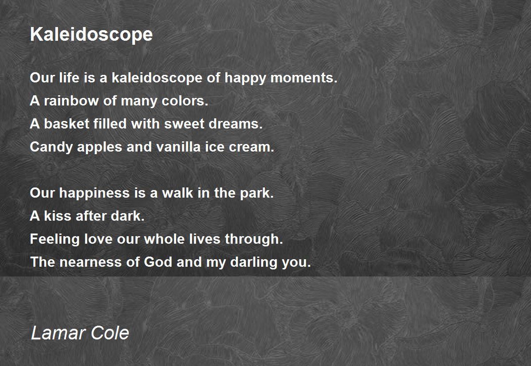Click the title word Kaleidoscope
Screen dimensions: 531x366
[91, 35]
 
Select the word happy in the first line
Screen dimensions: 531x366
[245, 78]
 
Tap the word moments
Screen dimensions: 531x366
[304, 78]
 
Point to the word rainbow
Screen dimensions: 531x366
[71, 101]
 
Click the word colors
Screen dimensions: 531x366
[185, 101]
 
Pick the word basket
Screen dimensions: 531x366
[67, 124]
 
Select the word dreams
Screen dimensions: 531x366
[235, 124]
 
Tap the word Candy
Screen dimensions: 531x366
[51, 148]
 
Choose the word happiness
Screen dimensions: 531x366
[94, 194]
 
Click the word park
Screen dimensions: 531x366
[257, 194]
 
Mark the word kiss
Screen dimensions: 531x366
[58, 216]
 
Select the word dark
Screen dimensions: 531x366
[127, 216]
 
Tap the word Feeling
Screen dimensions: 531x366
[55, 239]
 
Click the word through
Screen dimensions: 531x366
[254, 239]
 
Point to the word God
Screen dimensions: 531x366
[158, 262]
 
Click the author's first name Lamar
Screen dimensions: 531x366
[58, 333]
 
